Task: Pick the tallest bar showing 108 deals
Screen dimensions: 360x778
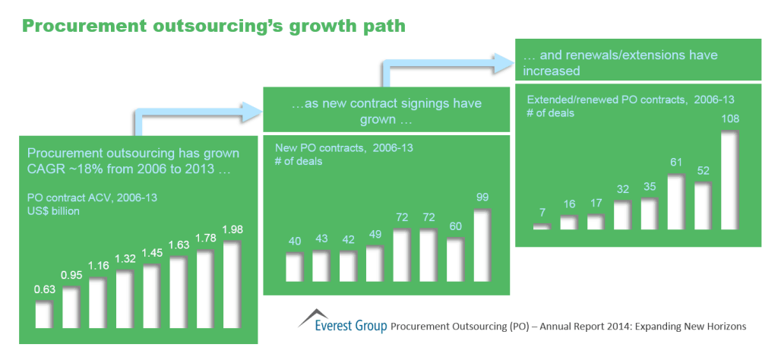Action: [x=729, y=181]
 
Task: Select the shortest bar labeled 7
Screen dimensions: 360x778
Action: [x=541, y=226]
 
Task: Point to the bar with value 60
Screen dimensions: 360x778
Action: [x=454, y=260]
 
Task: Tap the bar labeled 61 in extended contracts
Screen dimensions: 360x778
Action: [x=675, y=202]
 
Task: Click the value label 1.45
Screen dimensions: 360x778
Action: [x=151, y=251]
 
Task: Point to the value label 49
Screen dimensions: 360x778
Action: [x=374, y=234]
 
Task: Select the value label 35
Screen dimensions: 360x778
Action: [x=647, y=185]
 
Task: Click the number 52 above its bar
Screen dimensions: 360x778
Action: [x=701, y=169]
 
